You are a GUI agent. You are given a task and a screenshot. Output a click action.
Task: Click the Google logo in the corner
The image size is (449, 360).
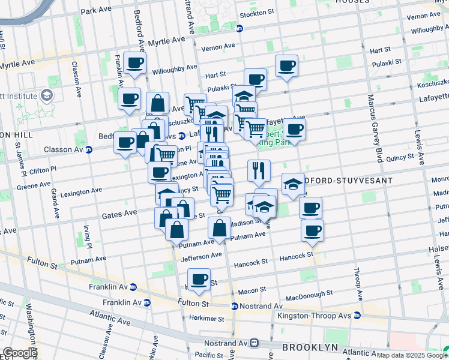tap(19, 353)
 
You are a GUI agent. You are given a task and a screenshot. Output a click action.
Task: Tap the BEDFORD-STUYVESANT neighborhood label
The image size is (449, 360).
tap(348, 181)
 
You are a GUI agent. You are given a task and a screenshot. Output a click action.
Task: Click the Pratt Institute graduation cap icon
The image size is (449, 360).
tap(46, 95)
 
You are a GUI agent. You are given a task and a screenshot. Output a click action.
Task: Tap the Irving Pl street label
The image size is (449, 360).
tap(88, 236)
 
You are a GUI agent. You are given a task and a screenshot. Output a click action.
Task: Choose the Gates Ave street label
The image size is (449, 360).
tap(119, 214)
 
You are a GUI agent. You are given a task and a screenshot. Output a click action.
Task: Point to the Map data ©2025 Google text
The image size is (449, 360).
tap(412, 355)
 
